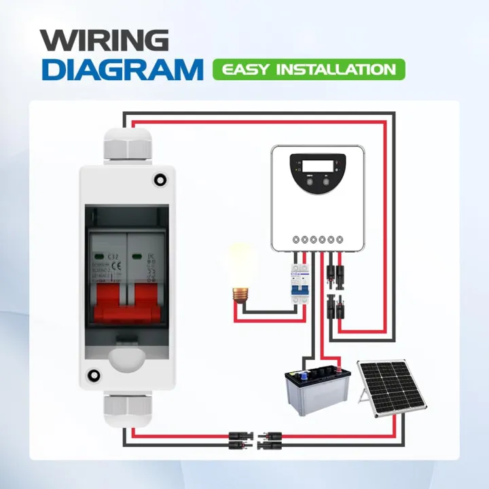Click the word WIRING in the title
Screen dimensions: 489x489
coord(104,41)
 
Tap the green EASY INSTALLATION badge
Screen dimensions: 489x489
coord(308,69)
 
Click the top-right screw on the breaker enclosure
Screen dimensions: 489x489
coord(160,179)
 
